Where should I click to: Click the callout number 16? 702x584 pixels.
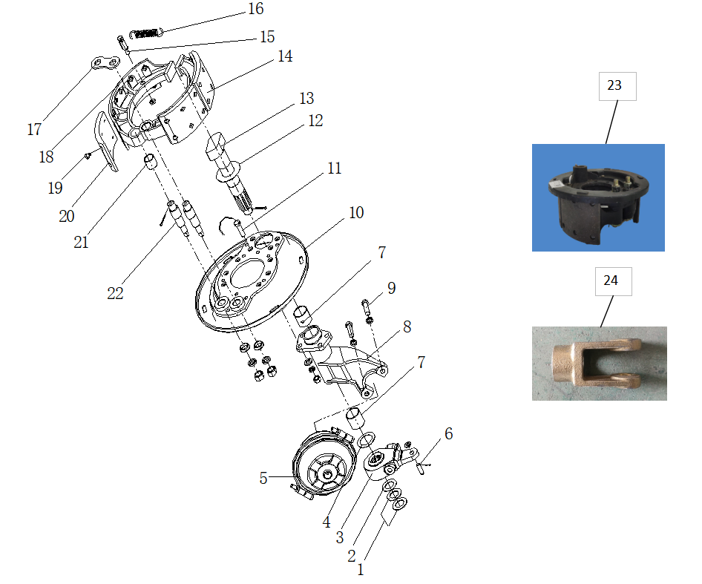click(x=255, y=9)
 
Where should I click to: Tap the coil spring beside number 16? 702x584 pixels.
click(x=146, y=33)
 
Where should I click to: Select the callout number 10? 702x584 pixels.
click(x=356, y=213)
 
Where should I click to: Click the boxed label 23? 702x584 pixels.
click(x=614, y=85)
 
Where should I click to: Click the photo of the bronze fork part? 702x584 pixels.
click(x=599, y=364)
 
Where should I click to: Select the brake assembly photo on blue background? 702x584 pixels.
click(x=598, y=197)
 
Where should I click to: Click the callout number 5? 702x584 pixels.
click(x=263, y=479)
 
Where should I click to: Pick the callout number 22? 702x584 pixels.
click(x=115, y=293)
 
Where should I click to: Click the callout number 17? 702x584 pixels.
click(x=34, y=130)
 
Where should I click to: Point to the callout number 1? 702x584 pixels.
click(x=361, y=570)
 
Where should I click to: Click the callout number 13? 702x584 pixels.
click(x=306, y=99)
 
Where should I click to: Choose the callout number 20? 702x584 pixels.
click(x=67, y=216)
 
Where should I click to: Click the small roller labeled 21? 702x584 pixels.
click(x=148, y=162)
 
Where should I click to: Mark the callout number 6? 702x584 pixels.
click(x=448, y=433)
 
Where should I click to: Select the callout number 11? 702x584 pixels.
click(x=334, y=168)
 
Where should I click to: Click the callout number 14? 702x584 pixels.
click(x=285, y=56)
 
